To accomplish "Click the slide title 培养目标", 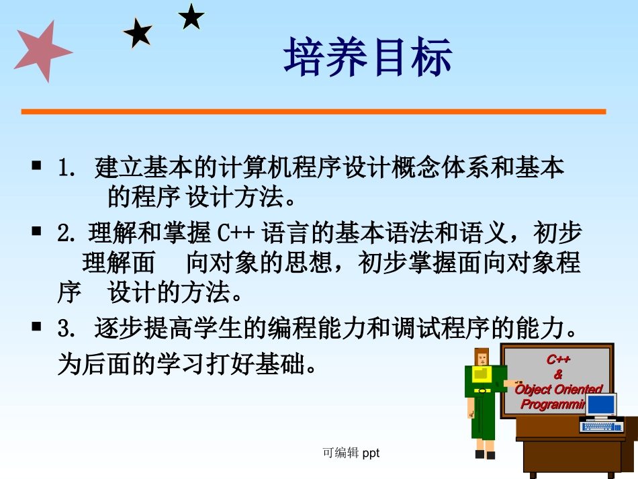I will click(368, 57).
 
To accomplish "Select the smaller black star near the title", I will click(191, 17).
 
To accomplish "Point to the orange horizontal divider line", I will click(313, 112).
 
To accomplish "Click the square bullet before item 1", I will click(37, 165).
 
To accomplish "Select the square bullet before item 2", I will click(37, 231).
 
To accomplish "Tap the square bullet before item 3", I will click(37, 327).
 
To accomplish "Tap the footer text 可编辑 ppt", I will click(351, 453).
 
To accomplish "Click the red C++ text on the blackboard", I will click(558, 360).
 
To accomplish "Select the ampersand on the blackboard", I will click(558, 374).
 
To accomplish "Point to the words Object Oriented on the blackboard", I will click(558, 389).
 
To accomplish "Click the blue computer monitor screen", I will click(601, 404).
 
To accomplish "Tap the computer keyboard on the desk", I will click(602, 426).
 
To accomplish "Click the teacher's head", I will click(482, 357).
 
